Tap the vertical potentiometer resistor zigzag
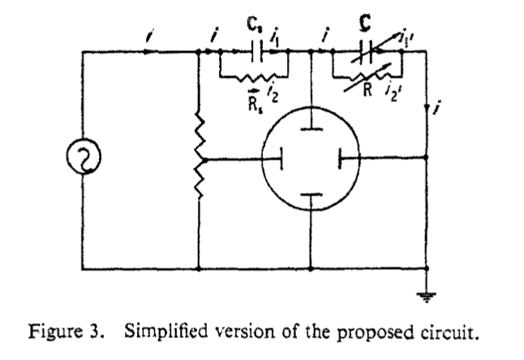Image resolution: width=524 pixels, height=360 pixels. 200,159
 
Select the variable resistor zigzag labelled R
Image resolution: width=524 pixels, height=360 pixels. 370,76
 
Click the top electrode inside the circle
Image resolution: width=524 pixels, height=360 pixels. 312,126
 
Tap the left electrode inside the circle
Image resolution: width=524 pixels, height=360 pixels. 281,159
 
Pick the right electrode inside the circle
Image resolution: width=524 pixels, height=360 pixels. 343,159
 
